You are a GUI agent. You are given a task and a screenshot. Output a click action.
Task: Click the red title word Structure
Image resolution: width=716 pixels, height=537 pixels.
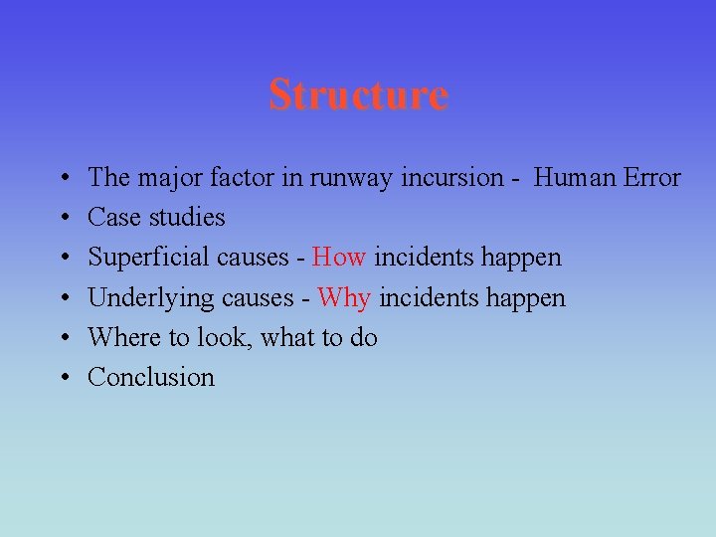(358, 95)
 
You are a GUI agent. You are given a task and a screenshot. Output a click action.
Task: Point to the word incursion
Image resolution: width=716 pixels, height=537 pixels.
(452, 178)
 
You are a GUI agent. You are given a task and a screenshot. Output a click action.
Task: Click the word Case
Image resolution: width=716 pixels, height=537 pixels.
(113, 218)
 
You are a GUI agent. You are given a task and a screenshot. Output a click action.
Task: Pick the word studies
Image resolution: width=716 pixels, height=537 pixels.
(185, 218)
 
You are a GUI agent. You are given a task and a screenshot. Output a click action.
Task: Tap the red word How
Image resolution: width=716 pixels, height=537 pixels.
(340, 258)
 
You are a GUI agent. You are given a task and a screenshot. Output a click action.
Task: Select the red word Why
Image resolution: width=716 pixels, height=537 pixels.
(344, 297)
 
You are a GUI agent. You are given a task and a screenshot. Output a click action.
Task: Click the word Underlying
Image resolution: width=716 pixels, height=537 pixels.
(147, 298)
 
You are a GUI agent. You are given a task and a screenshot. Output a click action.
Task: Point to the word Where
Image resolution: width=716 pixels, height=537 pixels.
(124, 337)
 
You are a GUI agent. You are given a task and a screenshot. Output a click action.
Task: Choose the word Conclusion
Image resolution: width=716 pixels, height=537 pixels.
(151, 377)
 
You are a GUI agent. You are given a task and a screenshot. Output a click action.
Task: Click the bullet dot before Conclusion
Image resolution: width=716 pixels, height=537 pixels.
(63, 378)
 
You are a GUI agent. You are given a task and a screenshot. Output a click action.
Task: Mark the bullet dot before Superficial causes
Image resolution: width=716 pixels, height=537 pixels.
(63, 259)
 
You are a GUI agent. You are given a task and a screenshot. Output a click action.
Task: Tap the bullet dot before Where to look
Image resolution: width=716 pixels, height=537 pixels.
(63, 338)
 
